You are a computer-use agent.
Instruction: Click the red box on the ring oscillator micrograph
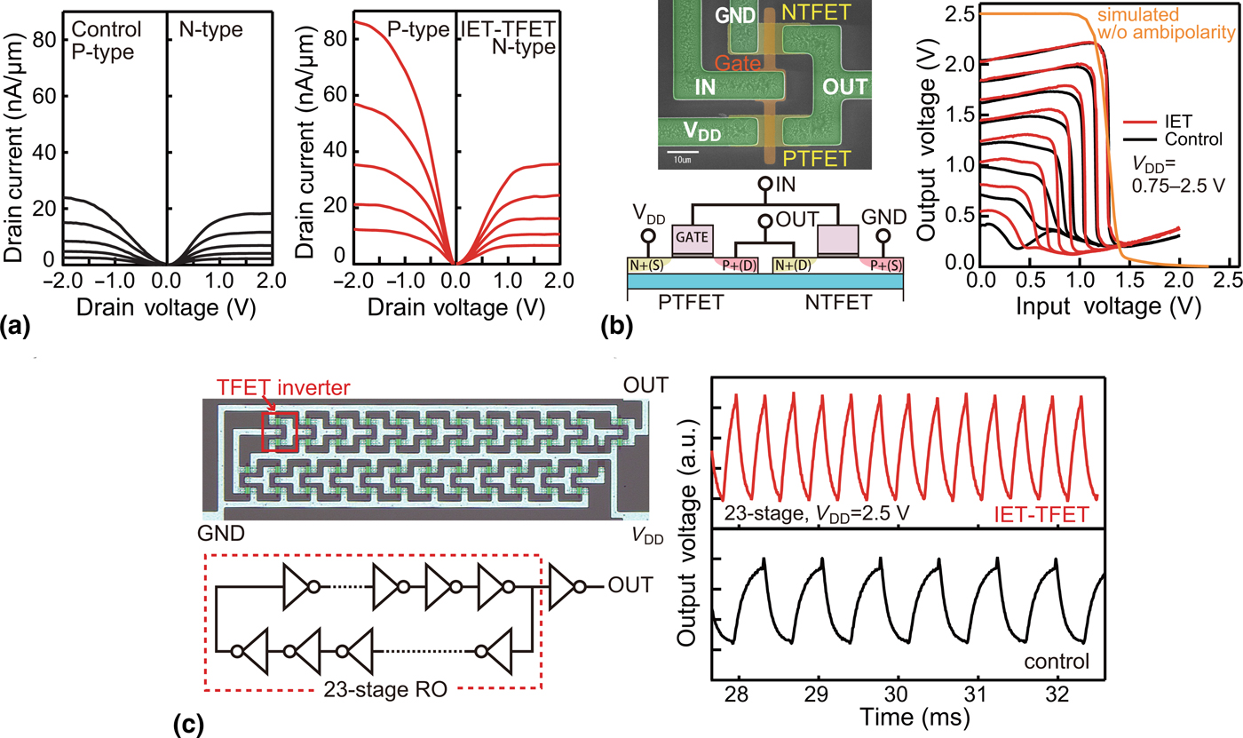coord(280,432)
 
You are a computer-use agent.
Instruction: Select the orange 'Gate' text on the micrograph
coord(741,63)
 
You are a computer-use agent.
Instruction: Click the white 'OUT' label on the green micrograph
coord(844,88)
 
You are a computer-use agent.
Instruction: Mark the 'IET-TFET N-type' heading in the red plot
coord(510,36)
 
